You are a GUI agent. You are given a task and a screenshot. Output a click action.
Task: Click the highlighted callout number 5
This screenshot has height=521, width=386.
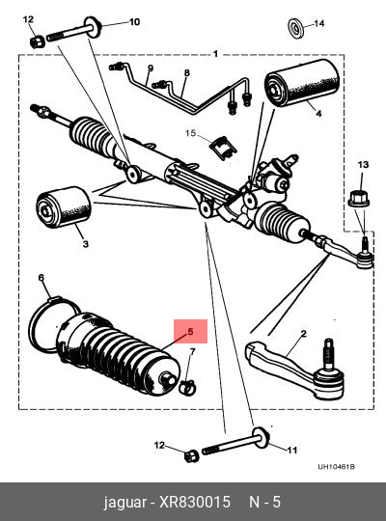pyautogui.click(x=190, y=331)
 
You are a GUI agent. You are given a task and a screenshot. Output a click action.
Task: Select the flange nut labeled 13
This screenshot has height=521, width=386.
pyautogui.click(x=358, y=198)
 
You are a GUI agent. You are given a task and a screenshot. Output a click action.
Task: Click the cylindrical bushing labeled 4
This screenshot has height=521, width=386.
pyautogui.click(x=301, y=83)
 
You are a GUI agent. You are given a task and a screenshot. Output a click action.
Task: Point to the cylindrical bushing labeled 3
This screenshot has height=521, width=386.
pyautogui.click(x=63, y=207)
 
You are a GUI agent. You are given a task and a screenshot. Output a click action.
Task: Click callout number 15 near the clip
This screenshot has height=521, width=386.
pyautogui.click(x=191, y=133)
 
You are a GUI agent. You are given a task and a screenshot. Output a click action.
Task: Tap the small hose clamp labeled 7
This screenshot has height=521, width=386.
pyautogui.click(x=187, y=388)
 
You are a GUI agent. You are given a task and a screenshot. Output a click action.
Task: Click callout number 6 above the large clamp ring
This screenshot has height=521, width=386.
pyautogui.click(x=41, y=278)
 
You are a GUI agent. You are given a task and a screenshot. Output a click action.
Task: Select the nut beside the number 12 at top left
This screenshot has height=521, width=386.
pyautogui.click(x=37, y=41)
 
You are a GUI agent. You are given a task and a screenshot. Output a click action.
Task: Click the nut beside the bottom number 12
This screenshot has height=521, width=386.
pyautogui.click(x=191, y=455)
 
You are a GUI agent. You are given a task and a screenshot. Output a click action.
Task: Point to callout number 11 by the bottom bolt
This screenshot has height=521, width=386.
pyautogui.click(x=291, y=450)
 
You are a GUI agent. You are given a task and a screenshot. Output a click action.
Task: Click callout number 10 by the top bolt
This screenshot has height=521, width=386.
pyautogui.click(x=134, y=22)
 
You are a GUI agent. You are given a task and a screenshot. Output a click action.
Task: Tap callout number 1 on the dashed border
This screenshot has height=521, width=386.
pyautogui.click(x=215, y=53)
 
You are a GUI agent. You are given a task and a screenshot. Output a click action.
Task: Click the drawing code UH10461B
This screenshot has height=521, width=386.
pyautogui.click(x=336, y=467)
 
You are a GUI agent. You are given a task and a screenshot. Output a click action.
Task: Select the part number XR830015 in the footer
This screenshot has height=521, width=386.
pyautogui.click(x=195, y=502)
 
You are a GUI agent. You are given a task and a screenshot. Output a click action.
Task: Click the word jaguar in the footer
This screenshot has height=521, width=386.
pyautogui.click(x=125, y=503)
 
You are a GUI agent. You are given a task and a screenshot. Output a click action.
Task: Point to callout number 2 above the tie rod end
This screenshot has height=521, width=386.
pyautogui.click(x=304, y=334)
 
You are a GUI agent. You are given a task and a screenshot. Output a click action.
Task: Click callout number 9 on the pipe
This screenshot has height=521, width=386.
pyautogui.click(x=151, y=69)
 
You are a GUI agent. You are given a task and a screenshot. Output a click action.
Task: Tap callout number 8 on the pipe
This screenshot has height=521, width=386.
pyautogui.click(x=187, y=72)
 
